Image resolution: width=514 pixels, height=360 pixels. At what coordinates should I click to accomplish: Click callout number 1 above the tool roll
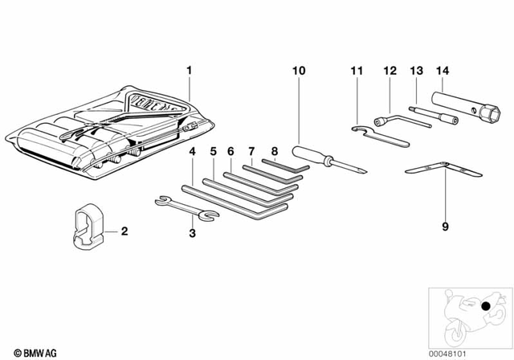point(190,71)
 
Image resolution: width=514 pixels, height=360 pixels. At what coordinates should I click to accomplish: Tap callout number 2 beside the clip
point(124,231)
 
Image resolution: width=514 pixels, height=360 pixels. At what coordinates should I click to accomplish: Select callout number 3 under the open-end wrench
point(191,233)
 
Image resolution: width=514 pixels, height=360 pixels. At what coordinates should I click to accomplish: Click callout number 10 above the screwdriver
point(299,71)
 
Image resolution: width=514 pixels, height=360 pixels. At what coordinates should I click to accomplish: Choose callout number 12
point(390,71)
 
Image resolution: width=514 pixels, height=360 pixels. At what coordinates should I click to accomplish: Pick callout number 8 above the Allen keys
point(273,150)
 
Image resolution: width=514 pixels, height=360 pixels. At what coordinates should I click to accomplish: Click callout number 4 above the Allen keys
point(192,150)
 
